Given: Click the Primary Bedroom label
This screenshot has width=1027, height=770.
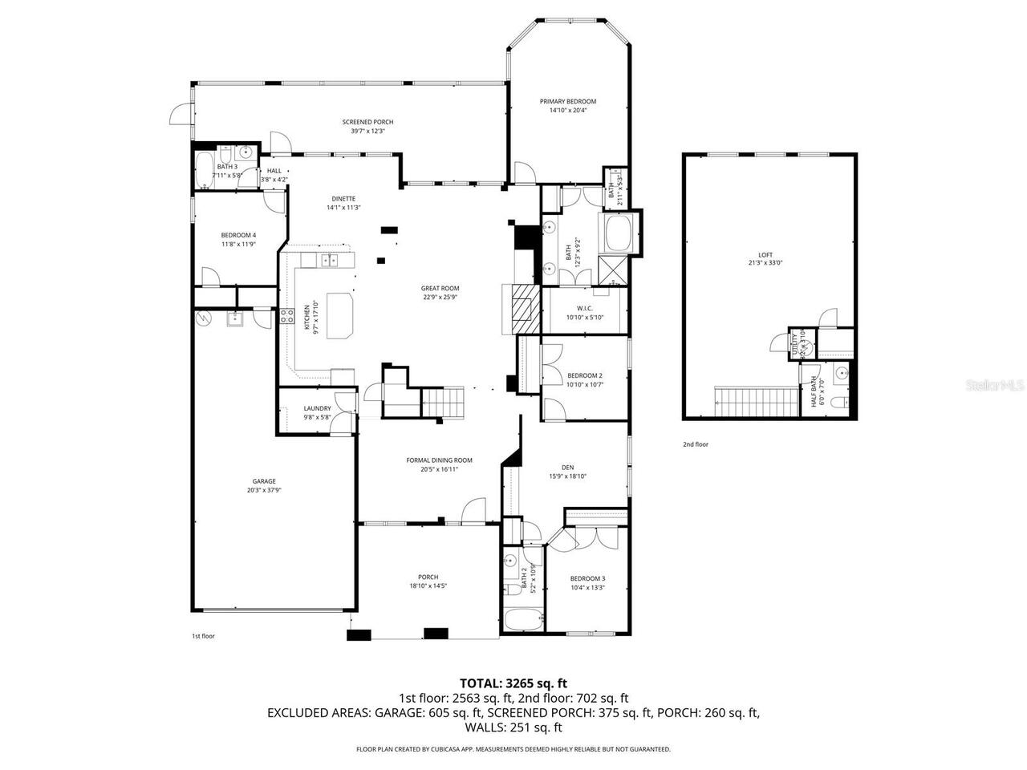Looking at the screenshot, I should pos(567,102).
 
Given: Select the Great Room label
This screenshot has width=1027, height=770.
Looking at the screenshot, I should pos(440,288).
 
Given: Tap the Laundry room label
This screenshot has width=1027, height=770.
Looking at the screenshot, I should pos(317,408).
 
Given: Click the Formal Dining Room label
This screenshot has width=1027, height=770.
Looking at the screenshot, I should pos(439,460).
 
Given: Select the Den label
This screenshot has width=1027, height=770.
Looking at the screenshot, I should pos(567,467).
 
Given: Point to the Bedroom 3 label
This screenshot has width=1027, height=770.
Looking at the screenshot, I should pos(587,578).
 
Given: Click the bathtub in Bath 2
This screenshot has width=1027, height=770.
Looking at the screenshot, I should pos(523,621).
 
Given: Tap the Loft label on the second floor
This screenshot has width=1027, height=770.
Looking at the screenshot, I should pos(765,254).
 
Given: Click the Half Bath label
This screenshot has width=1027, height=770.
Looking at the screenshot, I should pos(813,391).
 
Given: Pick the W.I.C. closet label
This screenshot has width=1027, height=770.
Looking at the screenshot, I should pos(584,308).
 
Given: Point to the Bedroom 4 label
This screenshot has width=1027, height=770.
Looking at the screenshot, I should pos(238,235).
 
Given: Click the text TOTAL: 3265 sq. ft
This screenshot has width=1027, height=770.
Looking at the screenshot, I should pos(513,683).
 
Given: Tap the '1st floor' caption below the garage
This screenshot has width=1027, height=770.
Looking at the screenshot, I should pos(203,636).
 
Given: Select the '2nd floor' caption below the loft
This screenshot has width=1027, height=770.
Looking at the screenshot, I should pos(695,444).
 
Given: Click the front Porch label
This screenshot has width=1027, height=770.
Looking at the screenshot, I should pos(428,577).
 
